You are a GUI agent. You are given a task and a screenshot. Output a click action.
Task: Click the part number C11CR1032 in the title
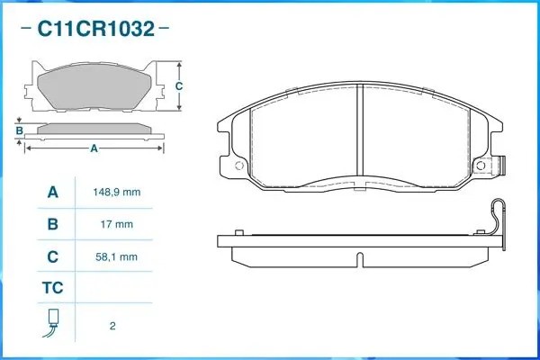(94, 29)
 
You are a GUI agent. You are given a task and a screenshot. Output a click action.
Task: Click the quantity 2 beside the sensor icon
(112, 325)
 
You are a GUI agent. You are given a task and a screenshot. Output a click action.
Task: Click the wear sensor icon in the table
(52, 324)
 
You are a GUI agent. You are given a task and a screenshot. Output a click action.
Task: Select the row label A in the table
(52, 193)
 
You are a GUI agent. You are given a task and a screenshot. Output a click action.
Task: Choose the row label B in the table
(52, 224)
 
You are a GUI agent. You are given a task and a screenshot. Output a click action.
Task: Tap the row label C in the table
(52, 256)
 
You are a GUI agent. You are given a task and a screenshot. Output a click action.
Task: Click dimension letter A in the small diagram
(94, 149)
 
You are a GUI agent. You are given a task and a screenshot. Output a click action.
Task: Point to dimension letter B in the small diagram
(19, 131)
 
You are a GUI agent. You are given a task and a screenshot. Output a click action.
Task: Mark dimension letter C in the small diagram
(179, 86)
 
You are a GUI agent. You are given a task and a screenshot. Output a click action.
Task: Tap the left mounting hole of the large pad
(238, 166)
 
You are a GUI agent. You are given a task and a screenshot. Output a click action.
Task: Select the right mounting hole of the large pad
(481, 166)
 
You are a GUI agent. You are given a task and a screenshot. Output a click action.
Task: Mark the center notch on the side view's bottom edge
(359, 262)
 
